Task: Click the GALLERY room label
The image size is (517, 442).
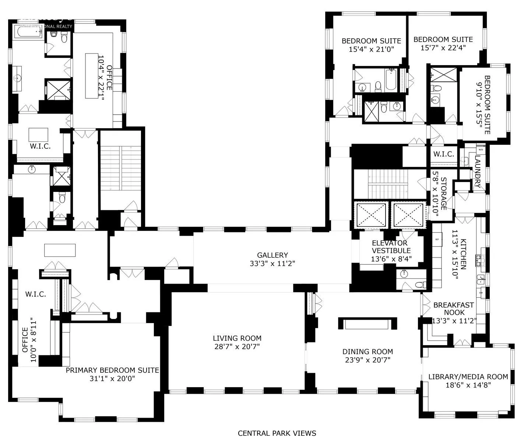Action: coord(272,255)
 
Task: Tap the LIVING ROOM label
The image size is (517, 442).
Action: coord(237,338)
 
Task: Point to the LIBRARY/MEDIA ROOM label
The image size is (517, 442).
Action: coord(468,377)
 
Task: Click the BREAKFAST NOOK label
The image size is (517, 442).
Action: coord(453,309)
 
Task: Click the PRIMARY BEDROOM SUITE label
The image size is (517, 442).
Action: coord(112,370)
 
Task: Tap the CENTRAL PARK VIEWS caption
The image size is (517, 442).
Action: coord(277,433)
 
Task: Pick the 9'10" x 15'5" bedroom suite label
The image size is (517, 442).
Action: coord(487,105)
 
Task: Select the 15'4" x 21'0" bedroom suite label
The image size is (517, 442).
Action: coord(371,41)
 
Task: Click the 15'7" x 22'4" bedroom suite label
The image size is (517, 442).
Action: coord(443,39)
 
